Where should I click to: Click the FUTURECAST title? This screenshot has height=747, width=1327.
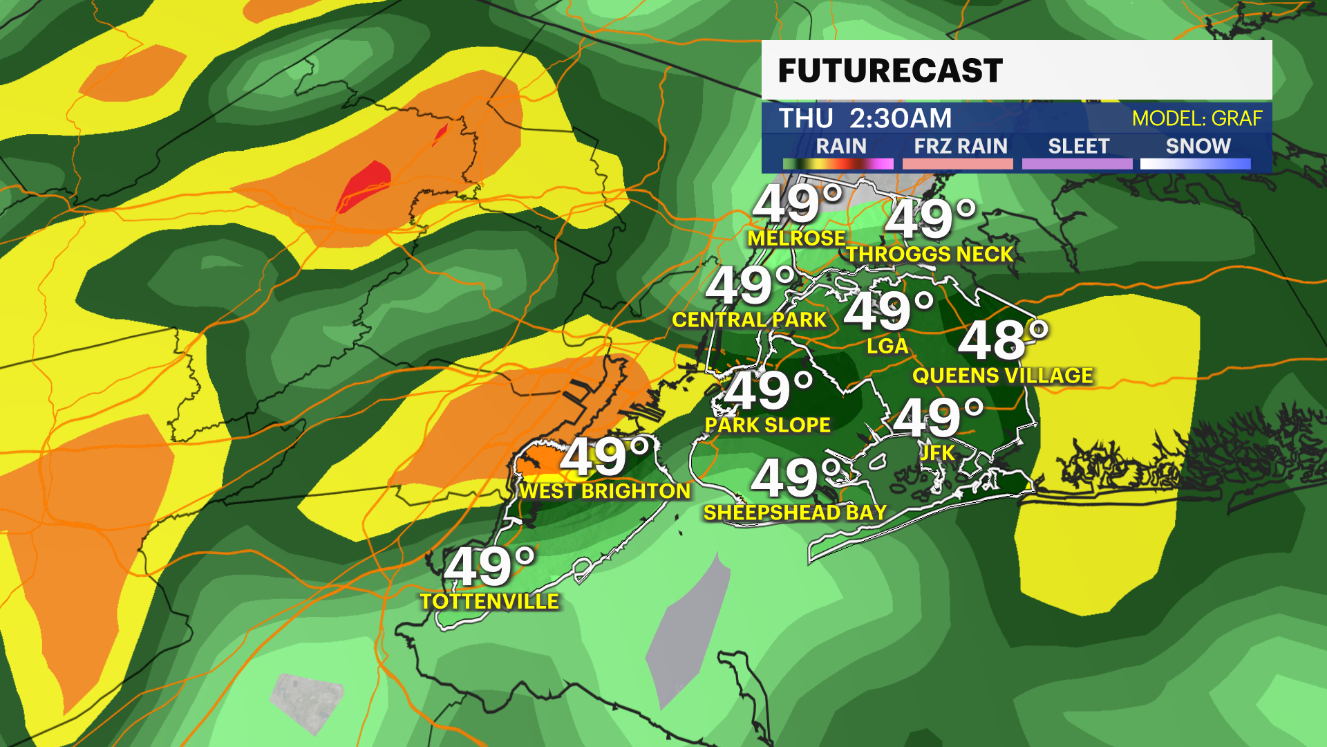coord(890,71)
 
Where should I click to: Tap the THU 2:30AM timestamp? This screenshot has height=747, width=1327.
coord(865,118)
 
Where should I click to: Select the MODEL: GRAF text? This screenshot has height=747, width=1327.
coord(1197,118)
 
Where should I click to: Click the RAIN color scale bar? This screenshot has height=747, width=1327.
coord(838,164)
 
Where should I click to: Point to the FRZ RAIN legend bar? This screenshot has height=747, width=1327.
coord(957,164)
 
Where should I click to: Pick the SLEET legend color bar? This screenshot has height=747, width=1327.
coord(1077,164)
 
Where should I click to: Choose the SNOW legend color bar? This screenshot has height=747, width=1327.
coord(1195,164)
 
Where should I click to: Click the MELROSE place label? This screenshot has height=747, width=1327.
coord(796,239)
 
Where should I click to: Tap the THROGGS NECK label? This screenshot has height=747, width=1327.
coord(930,255)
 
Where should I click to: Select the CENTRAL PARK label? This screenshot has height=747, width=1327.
coord(749,320)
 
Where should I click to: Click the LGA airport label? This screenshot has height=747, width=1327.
coord(887,346)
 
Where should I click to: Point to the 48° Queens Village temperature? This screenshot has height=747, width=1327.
coord(1002,340)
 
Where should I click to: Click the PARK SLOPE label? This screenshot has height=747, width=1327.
coord(767,425)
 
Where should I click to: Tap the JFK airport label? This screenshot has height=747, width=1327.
coord(937,453)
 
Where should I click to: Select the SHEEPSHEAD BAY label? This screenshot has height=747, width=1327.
coord(795,513)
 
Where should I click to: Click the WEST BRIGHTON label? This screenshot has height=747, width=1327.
coord(605,491)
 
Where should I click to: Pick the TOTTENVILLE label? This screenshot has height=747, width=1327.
coord(489,601)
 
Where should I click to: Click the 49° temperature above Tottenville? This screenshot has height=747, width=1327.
coord(489,566)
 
